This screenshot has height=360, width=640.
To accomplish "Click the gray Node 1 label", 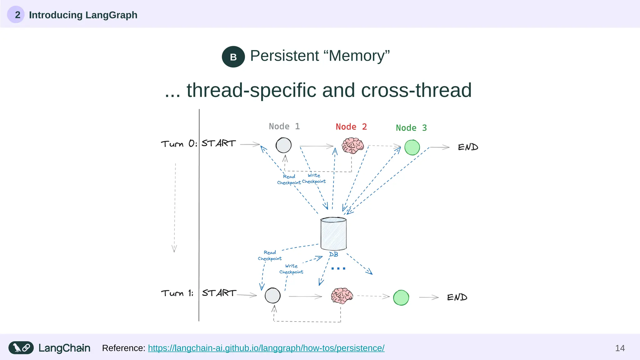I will pyautogui.click(x=284, y=126).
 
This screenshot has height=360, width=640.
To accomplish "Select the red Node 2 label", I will pyautogui.click(x=351, y=127).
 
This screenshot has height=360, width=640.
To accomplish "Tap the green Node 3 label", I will pyautogui.click(x=411, y=128).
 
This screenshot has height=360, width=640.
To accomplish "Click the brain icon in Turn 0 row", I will pyautogui.click(x=353, y=146).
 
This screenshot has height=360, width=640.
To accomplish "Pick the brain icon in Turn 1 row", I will pyautogui.click(x=342, y=296).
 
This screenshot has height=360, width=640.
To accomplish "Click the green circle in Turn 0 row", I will pyautogui.click(x=412, y=147).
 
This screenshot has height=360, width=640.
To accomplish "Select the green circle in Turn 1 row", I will pyautogui.click(x=401, y=297).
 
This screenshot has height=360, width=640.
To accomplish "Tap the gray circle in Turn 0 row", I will pyautogui.click(x=283, y=145).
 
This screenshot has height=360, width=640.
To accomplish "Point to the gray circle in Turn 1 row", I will pyautogui.click(x=272, y=295).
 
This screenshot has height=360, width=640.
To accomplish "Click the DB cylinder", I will pyautogui.click(x=333, y=234).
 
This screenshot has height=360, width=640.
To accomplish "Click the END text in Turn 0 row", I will pyautogui.click(x=468, y=147).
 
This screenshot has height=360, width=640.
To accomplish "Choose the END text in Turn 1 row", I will pyautogui.click(x=457, y=297).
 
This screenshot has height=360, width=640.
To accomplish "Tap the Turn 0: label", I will pyautogui.click(x=179, y=144).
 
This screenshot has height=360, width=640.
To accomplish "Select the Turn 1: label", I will pyautogui.click(x=177, y=293).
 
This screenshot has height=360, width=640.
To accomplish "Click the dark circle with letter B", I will pyautogui.click(x=233, y=57).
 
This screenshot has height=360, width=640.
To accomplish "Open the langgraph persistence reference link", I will pyautogui.click(x=266, y=348).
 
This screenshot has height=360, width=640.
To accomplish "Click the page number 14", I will pyautogui.click(x=620, y=348).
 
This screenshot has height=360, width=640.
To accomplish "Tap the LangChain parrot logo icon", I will pyautogui.click(x=21, y=348).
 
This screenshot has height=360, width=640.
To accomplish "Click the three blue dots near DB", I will pyautogui.click(x=338, y=268).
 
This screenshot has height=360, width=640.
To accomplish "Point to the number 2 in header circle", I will pyautogui.click(x=17, y=15).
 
